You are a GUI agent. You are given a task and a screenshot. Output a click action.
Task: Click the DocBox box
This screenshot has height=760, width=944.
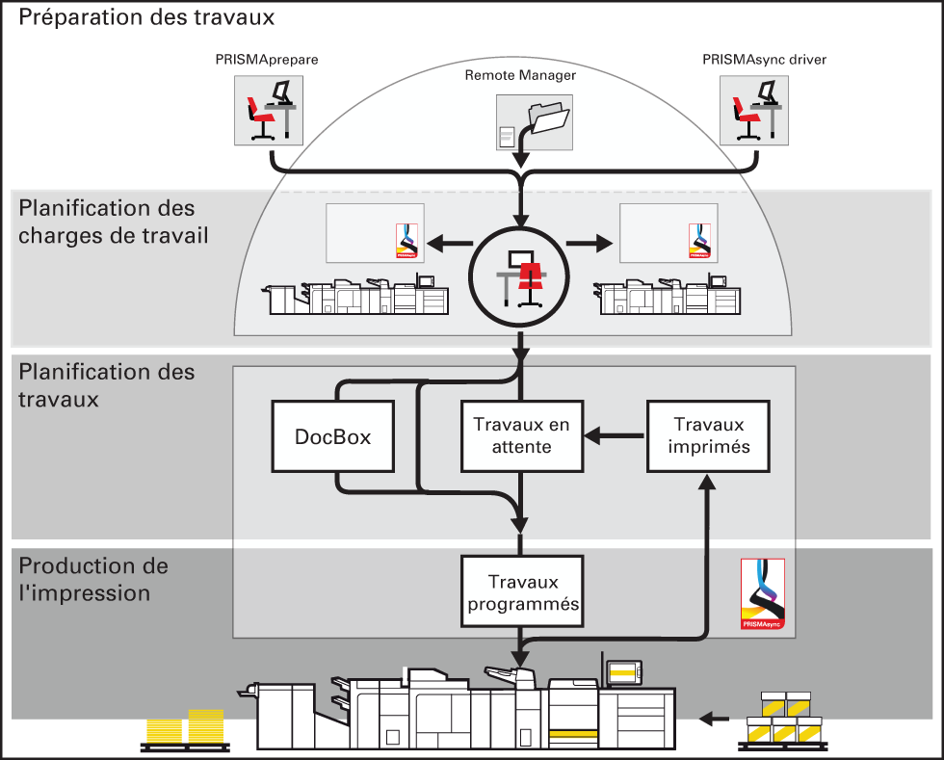[333, 436]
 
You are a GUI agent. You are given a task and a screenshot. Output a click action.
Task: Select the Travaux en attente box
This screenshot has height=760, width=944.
[522, 436]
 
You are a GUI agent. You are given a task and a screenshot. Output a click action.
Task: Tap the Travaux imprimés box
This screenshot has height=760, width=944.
[709, 436]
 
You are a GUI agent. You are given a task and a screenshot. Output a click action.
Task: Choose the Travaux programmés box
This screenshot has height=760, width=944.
[522, 591]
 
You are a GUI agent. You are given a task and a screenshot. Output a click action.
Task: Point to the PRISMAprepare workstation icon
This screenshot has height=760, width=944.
[269, 110]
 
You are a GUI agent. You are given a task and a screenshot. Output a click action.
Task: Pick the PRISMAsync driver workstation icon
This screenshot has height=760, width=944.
[754, 110]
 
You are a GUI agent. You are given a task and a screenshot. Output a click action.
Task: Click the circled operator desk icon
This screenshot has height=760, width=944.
[519, 277]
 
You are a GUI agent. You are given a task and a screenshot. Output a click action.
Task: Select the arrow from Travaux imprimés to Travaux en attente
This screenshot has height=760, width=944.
[615, 435]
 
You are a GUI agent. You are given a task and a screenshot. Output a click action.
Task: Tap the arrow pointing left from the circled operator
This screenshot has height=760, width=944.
[450, 244]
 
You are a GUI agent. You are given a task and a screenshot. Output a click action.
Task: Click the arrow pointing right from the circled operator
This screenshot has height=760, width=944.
[590, 244]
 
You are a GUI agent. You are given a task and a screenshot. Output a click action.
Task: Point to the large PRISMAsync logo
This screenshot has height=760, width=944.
[763, 594]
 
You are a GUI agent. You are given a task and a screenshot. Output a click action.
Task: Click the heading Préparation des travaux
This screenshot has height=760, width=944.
[146, 17]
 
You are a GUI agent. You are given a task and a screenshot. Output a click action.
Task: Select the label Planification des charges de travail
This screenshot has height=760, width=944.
[114, 222]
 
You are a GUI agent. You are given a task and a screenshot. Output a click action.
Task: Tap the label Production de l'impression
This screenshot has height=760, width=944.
[93, 579]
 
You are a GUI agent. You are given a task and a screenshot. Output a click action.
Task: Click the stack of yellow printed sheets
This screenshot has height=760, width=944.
[185, 727]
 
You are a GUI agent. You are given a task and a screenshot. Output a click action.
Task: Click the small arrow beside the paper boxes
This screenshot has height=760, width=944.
[714, 718]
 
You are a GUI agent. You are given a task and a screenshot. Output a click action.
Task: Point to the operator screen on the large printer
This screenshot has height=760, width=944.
[624, 671]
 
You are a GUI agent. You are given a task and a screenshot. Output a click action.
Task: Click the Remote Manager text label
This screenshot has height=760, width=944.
[520, 75]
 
